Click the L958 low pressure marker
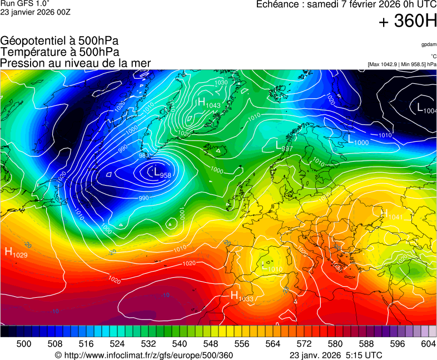tap(162, 173)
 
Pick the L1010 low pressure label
tap(271, 267)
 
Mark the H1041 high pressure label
tap(391, 214)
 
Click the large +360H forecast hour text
tap(407, 22)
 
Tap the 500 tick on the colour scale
tap(24, 344)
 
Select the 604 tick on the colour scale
tap(428, 344)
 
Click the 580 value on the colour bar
tap(335, 344)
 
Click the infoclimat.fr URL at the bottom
tap(144, 355)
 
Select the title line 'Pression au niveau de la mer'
tap(75, 63)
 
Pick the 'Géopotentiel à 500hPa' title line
tap(59, 41)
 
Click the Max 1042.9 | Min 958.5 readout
tap(402, 64)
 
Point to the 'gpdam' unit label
tap(429, 44)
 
